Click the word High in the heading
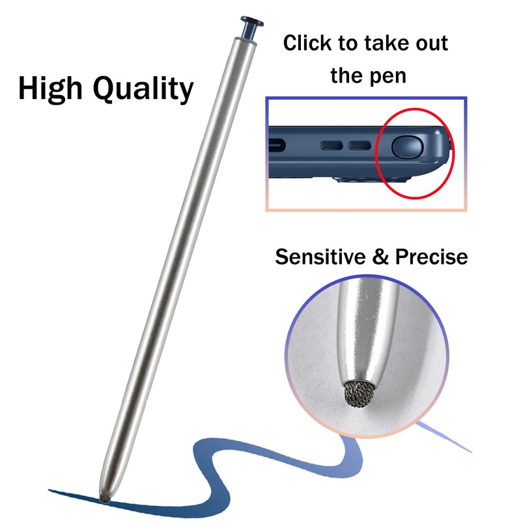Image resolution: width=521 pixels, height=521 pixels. click(x=50, y=89)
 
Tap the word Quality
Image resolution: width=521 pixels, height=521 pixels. click(x=143, y=89)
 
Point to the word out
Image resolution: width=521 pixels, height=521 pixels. click(x=432, y=44)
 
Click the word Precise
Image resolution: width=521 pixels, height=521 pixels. click(x=431, y=257)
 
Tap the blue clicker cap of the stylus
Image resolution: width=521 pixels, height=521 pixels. click(x=251, y=28)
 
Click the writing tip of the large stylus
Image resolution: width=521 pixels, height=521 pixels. click(x=104, y=499)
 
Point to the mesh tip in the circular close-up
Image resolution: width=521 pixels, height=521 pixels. click(x=359, y=394)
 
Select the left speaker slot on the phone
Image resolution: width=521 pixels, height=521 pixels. click(x=331, y=145)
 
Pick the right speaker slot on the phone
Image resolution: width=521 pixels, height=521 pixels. click(x=359, y=145)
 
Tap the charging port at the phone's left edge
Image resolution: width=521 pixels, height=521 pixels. click(x=276, y=145)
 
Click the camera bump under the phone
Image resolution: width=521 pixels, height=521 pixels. click(x=372, y=180)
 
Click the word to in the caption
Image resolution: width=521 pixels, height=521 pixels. click(x=348, y=44)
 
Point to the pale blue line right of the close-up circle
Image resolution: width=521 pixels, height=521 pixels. click(x=444, y=436)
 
